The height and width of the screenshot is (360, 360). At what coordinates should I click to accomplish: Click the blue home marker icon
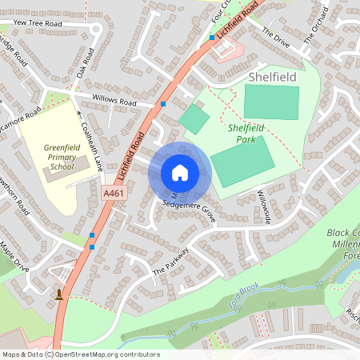(179, 173)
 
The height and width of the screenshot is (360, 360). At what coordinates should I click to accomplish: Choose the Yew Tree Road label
(38, 24)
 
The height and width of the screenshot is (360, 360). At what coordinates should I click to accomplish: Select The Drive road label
(275, 38)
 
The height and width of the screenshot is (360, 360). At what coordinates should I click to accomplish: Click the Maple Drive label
(14, 257)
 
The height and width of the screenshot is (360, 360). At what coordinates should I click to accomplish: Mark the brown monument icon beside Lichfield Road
(58, 294)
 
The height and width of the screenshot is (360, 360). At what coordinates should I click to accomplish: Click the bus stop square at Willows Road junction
(163, 104)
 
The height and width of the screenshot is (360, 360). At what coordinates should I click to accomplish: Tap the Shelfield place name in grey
(272, 77)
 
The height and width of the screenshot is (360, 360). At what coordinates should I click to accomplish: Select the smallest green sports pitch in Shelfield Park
(194, 119)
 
